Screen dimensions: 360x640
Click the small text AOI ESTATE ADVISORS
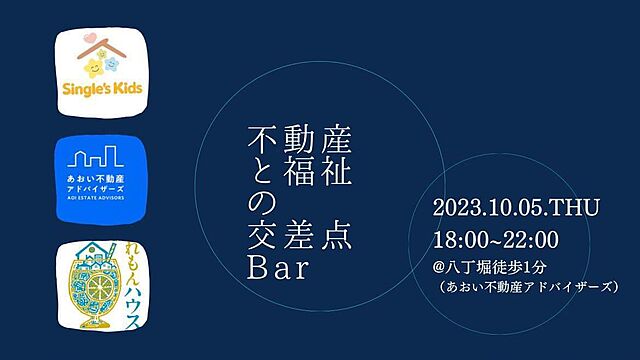98,198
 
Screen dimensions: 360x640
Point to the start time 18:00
459,240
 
